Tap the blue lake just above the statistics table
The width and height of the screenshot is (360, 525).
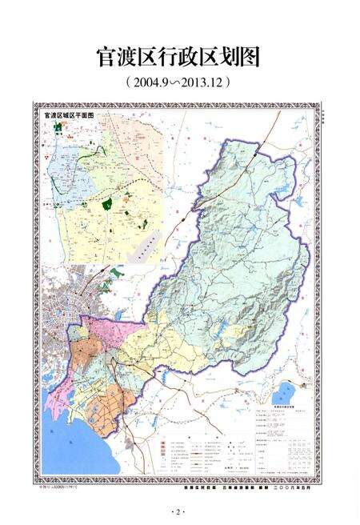[x=284, y=395]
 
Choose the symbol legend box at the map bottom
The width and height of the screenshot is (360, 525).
[x=204, y=456]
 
